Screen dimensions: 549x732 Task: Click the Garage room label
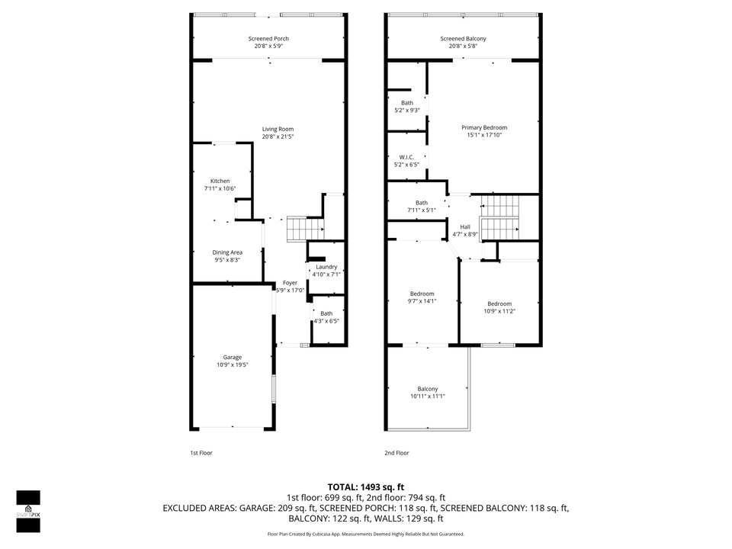pos(232,357)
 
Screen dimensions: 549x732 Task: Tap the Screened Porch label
pos(268,38)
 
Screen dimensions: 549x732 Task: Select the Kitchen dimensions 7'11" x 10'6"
pos(220,188)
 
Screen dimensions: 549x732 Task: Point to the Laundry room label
pos(326,267)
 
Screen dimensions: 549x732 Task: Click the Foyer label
pos(290,283)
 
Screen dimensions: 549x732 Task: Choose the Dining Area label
pos(227,252)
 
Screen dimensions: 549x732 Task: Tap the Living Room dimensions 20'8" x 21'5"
pos(278,136)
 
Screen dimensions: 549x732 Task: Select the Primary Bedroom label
pos(483,127)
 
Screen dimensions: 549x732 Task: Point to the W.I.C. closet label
pos(406,157)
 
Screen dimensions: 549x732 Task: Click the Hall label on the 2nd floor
pos(465,226)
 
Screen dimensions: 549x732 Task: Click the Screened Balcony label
pos(463,38)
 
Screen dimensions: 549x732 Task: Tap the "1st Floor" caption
pos(201,453)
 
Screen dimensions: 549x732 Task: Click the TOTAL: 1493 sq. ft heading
pos(366,486)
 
